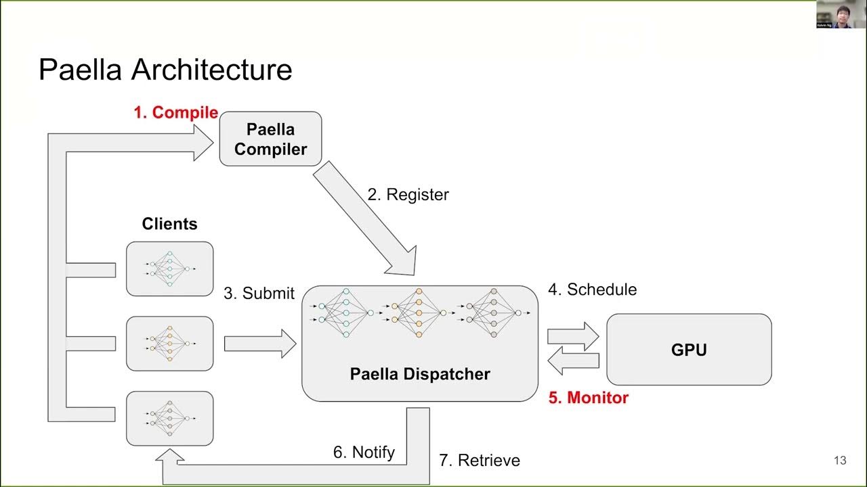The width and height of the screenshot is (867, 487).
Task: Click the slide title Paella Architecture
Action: click(165, 70)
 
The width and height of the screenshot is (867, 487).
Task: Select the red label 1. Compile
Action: click(175, 113)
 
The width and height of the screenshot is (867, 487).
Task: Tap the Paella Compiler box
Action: click(270, 139)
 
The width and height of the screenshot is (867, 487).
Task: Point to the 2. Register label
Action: click(408, 195)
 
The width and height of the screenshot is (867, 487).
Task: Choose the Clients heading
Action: click(169, 224)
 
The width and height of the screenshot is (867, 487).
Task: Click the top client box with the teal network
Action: click(169, 269)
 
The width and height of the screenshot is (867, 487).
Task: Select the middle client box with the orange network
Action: click(169, 344)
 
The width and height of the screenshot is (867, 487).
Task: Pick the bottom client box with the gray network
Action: click(169, 418)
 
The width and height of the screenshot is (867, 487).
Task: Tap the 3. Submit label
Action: click(259, 293)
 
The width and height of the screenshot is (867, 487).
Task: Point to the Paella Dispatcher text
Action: click(420, 373)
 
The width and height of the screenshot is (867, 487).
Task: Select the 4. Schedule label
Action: click(592, 289)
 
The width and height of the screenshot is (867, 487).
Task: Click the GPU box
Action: click(689, 350)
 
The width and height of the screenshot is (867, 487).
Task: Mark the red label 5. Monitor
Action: click(588, 398)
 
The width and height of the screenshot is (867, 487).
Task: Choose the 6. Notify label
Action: click(364, 453)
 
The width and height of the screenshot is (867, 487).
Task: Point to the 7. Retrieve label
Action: click(480, 461)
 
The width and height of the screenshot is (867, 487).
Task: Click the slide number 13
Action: click(840, 461)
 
